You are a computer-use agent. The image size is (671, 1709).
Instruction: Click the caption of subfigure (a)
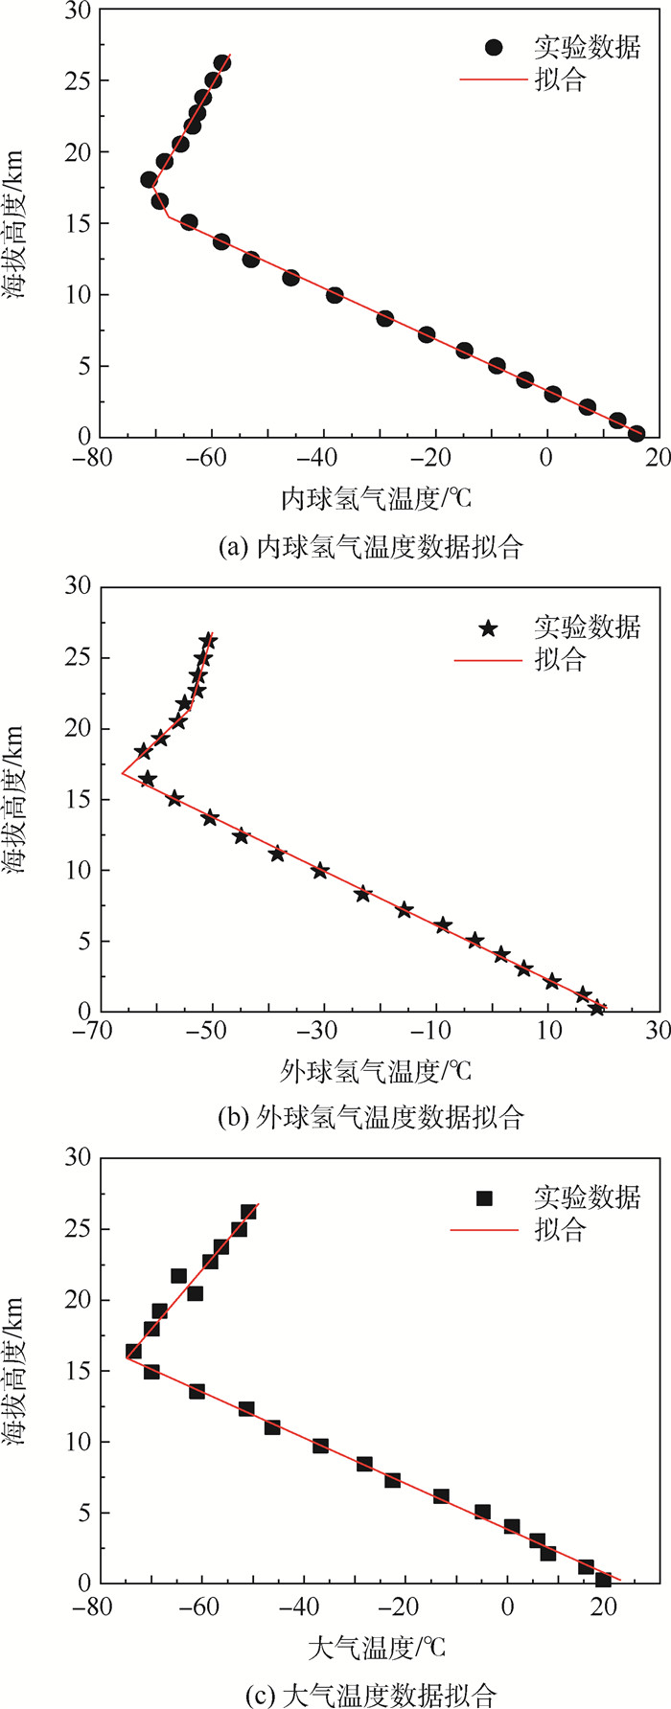tap(371, 547)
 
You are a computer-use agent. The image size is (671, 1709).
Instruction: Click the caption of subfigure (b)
tap(371, 1117)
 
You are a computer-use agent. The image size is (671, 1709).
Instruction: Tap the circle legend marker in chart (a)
tap(493, 47)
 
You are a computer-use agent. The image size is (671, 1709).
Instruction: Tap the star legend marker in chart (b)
tap(489, 628)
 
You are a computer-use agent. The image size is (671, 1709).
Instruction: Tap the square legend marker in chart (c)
tap(485, 1197)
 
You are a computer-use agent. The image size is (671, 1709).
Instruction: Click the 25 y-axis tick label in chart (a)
tap(78, 80)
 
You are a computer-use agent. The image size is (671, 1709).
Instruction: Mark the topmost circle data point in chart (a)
tap(222, 63)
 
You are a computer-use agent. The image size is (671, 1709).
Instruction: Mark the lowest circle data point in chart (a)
tap(636, 434)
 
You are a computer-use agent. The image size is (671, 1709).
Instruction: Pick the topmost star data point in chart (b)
tap(208, 641)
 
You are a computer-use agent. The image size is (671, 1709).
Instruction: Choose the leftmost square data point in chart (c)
tap(133, 1352)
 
